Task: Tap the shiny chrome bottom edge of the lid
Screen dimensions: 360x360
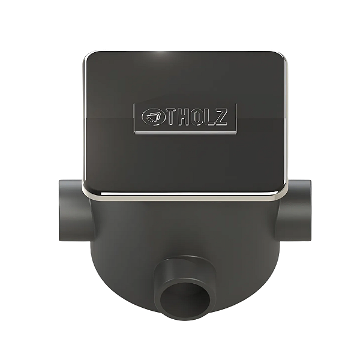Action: pos(180,196)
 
